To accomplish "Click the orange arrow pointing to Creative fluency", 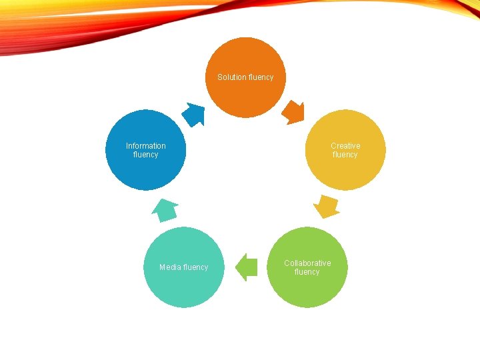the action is click(293, 113).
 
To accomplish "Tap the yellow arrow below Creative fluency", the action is click(326, 206).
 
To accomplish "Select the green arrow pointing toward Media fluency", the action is click(247, 267).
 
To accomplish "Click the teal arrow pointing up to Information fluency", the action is click(165, 211).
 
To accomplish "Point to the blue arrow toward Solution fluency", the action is click(194, 114).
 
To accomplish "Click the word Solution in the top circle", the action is click(231, 77).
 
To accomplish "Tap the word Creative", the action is click(345, 146).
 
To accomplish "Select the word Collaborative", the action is click(307, 263).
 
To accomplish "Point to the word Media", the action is click(169, 267).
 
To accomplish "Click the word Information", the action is click(146, 146).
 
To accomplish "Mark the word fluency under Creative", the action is click(345, 155).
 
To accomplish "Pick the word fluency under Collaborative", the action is click(307, 272).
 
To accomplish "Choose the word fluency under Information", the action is click(146, 155).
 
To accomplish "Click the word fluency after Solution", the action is click(261, 77).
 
